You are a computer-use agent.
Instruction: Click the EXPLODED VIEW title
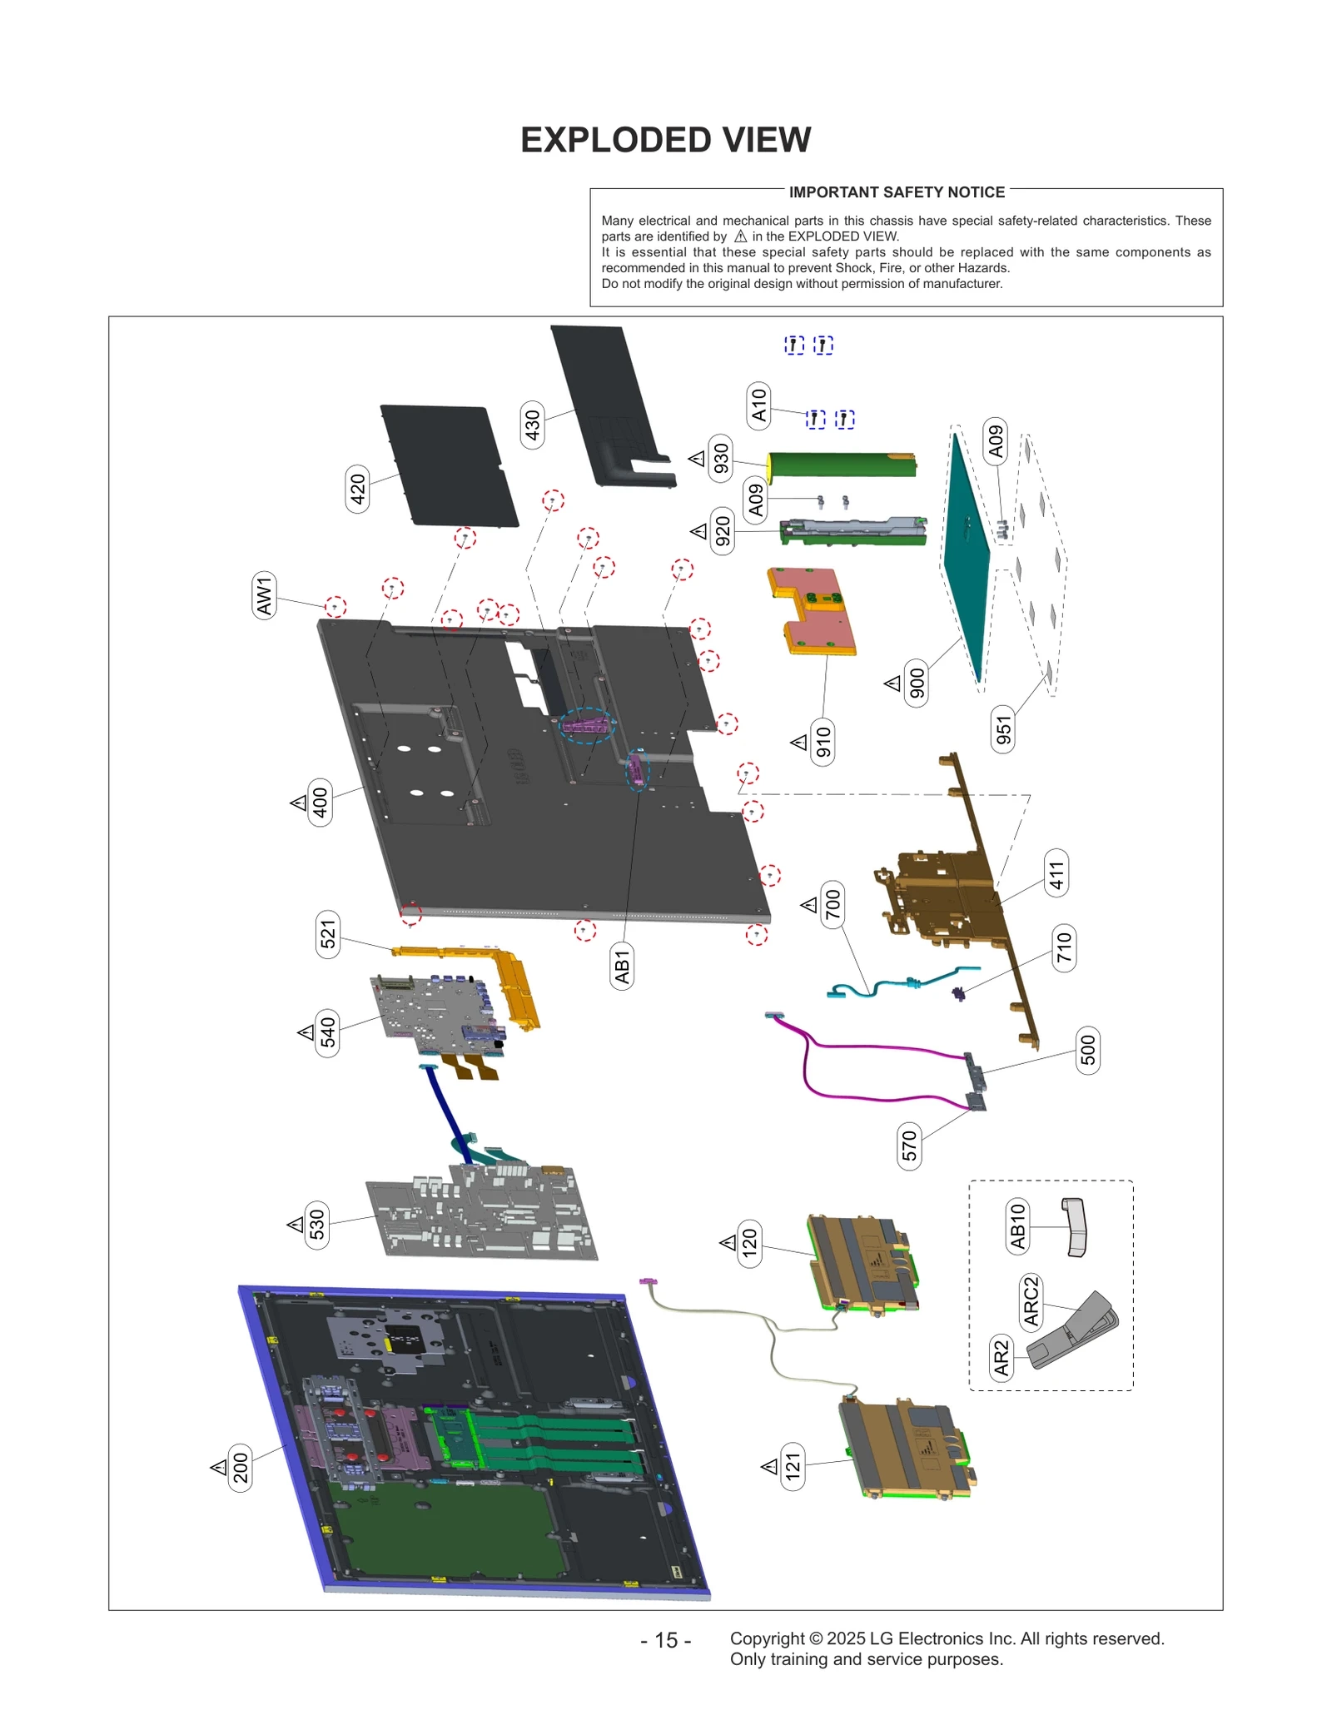point(665,140)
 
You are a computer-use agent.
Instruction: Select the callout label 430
point(532,425)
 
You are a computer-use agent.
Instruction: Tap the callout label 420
point(357,489)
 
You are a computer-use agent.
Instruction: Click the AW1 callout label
point(264,595)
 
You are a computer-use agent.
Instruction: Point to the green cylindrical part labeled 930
point(841,465)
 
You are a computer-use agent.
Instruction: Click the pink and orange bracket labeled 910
point(812,609)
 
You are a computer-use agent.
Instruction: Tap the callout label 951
point(1003,729)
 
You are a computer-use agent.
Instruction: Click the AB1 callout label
point(622,966)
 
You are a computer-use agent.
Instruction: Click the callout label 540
point(328,1032)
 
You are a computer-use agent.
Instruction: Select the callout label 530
point(317,1224)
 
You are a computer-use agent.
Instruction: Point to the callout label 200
point(241,1467)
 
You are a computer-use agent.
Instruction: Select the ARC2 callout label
point(1031,1300)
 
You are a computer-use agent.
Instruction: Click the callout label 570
point(909,1146)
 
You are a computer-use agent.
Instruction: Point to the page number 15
point(665,1640)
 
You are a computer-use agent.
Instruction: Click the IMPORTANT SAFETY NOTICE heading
point(897,192)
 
